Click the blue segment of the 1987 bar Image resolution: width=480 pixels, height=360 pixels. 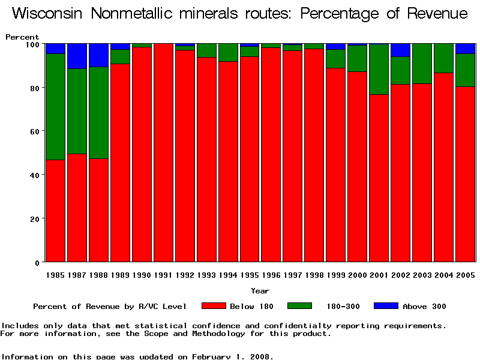[77, 56]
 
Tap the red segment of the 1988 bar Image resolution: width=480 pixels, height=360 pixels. [98, 210]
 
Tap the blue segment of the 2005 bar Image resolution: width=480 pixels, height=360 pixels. [466, 49]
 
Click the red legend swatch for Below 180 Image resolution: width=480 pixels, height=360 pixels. [214, 306]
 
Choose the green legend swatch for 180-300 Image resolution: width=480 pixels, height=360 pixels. [300, 306]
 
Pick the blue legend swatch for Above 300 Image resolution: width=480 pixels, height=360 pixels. [386, 306]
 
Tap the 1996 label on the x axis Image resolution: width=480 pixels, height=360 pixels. [271, 275]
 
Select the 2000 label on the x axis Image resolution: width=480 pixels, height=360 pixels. [358, 275]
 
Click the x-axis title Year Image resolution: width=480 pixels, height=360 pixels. [260, 291]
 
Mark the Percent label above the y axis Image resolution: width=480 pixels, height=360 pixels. [22, 37]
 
